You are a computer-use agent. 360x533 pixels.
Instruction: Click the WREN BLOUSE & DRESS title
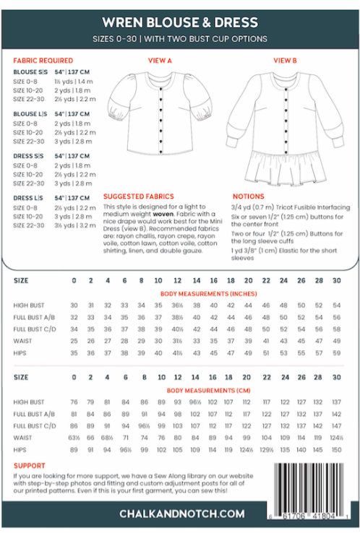click(180, 23)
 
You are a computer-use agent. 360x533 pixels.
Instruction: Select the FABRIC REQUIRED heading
click(40, 61)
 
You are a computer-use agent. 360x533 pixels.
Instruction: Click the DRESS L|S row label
click(30, 197)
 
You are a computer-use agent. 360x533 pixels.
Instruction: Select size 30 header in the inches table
click(337, 279)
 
